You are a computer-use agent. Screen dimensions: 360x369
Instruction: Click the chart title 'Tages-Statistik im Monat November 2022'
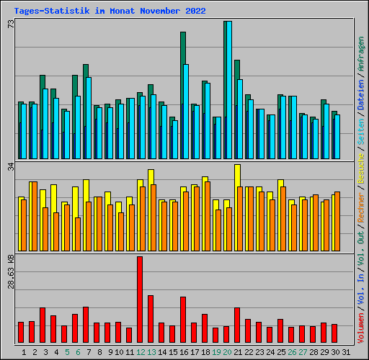point(110,11)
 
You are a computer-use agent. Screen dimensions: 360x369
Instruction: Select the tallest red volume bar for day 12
point(140,300)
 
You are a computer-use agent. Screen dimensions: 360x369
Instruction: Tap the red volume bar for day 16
point(183,320)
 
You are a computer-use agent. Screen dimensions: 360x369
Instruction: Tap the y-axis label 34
point(11,167)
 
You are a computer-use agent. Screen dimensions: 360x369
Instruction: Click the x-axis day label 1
point(25,352)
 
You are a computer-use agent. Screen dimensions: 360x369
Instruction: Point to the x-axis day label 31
point(346,352)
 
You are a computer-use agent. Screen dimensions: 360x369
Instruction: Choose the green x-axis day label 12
point(141,352)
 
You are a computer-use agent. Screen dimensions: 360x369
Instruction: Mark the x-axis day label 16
point(184,352)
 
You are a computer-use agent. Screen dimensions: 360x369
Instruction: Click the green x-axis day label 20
point(227,352)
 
